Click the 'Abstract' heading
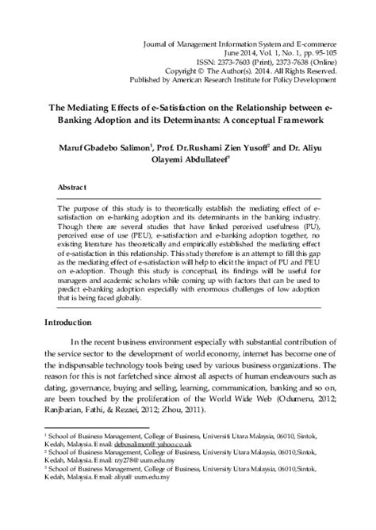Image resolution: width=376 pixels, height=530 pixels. pyautogui.click(x=74, y=188)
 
